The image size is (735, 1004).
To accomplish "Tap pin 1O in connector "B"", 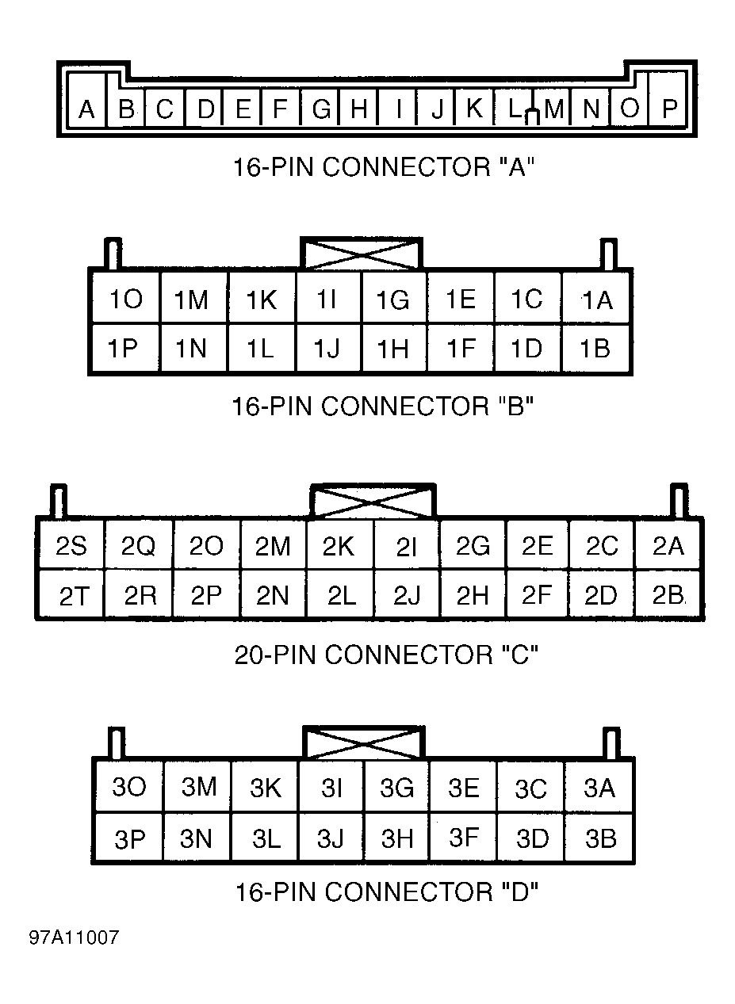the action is tap(125, 299).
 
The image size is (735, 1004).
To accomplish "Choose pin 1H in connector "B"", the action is tap(393, 348).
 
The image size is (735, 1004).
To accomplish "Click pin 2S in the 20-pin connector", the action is tap(71, 545).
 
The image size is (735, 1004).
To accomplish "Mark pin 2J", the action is tap(406, 595).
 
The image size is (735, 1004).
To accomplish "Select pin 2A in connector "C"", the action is tap(668, 545).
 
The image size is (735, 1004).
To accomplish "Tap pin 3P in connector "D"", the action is tap(129, 838).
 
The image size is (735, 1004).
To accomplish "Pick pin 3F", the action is tap(463, 838).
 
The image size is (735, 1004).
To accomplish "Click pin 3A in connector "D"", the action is tap(599, 788).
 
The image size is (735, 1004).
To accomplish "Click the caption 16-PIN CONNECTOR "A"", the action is tap(384, 167).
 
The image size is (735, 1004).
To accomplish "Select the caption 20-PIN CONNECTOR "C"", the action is tap(385, 655).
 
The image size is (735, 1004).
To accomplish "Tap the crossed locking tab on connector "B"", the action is tap(362, 254).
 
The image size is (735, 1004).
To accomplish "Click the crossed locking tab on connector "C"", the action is tap(373, 501).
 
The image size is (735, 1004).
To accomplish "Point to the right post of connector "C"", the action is tap(679, 500).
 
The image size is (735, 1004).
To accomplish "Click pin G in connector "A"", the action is tap(320, 108).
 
